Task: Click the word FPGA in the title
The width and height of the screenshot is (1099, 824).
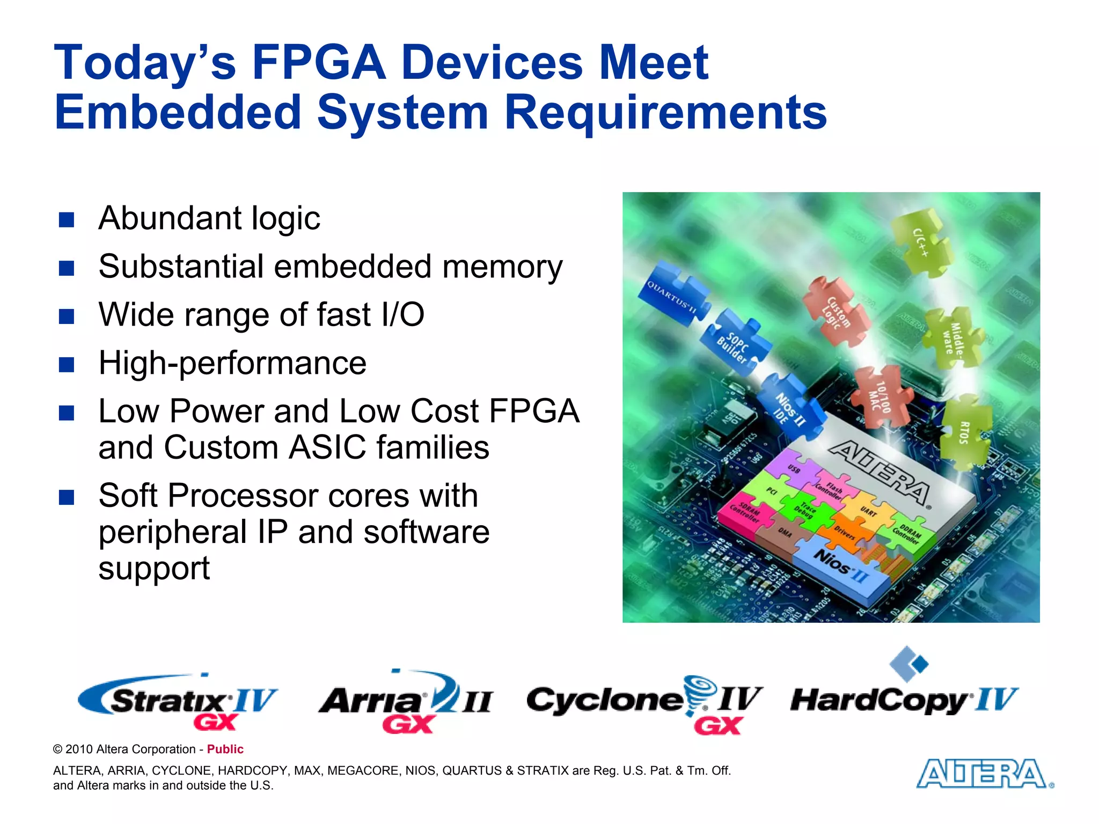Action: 319,63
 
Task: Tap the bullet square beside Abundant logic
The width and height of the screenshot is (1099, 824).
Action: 67,219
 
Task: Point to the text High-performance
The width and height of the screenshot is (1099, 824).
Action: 232,363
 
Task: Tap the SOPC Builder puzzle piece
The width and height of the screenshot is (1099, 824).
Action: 735,345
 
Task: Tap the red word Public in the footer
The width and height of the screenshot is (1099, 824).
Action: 225,749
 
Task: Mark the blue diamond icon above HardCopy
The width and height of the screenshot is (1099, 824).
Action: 908,663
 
